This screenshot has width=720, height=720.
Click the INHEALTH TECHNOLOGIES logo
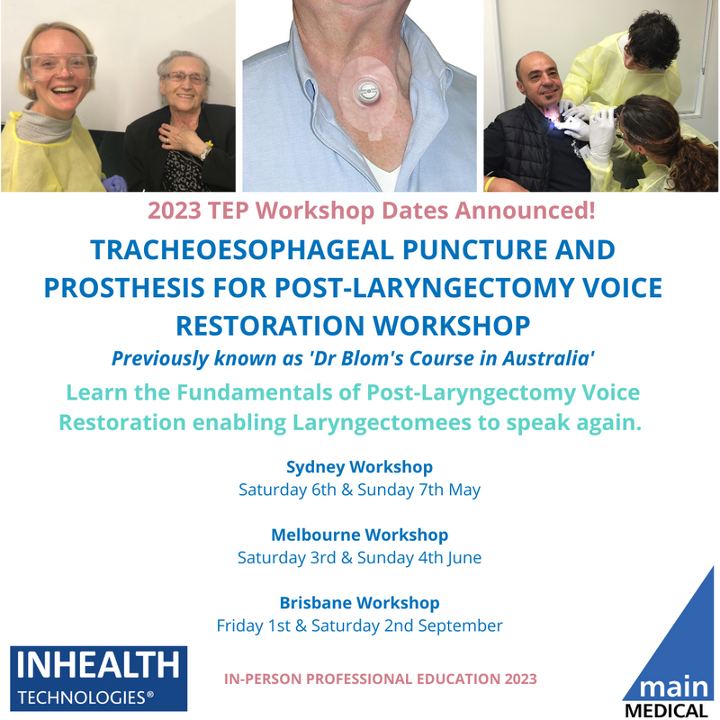click(x=97, y=678)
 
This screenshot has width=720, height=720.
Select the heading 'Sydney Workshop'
click(x=359, y=467)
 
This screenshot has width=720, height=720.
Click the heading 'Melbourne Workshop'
click(x=359, y=535)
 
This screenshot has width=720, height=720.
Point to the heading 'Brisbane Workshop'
click(x=359, y=602)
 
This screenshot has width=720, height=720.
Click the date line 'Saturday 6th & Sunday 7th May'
click(x=359, y=490)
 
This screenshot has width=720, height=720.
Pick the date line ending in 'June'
click(x=359, y=558)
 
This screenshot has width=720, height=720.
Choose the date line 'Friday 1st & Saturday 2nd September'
click(x=359, y=625)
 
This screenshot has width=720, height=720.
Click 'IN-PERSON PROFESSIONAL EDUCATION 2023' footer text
click(x=380, y=679)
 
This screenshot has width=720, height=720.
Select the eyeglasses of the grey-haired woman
click(x=184, y=78)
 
